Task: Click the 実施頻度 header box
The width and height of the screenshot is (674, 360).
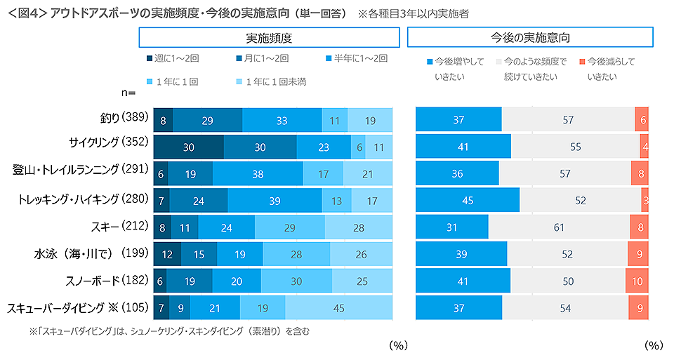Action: (x=269, y=37)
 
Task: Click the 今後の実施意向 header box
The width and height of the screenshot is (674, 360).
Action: (x=530, y=37)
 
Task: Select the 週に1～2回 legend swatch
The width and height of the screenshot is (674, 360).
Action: (x=150, y=59)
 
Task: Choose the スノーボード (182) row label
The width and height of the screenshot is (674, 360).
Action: (x=112, y=280)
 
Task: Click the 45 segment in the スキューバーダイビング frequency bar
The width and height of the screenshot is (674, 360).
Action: (x=338, y=307)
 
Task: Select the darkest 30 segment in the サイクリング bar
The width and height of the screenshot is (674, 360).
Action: (x=189, y=147)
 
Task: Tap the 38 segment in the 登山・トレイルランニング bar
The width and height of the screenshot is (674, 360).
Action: (x=258, y=174)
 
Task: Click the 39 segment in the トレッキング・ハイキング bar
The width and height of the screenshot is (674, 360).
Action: (x=275, y=201)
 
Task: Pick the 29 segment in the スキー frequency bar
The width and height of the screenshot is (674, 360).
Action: (x=289, y=227)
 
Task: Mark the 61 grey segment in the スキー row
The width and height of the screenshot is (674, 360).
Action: (x=559, y=227)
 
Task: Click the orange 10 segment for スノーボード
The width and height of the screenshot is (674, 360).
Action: (x=637, y=281)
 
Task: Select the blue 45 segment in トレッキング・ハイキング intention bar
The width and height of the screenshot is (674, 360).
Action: (x=468, y=201)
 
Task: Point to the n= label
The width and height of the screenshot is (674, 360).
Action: (x=128, y=93)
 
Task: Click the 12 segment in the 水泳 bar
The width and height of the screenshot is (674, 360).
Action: (x=167, y=254)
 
